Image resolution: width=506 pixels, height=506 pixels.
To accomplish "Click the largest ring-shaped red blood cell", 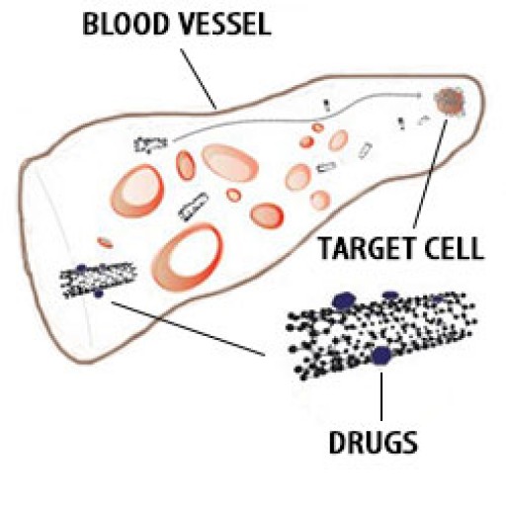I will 189,259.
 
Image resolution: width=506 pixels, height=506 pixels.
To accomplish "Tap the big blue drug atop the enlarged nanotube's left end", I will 344,300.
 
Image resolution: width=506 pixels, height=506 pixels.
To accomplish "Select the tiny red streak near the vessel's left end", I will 105,241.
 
